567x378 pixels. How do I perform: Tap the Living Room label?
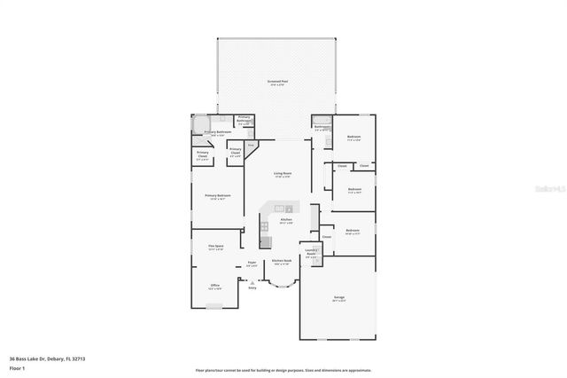(283, 174)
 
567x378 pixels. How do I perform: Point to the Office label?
(215, 286)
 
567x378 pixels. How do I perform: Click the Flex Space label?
(215, 247)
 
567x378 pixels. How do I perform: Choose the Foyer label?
(252, 263)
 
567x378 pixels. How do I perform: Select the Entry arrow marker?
(252, 281)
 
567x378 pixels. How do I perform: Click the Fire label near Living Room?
(251, 145)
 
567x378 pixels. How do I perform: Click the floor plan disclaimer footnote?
(283, 370)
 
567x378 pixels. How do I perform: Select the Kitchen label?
(286, 220)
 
